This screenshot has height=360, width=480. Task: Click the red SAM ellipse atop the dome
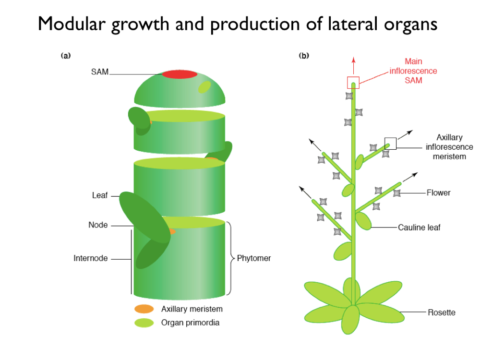pyautogui.click(x=180, y=74)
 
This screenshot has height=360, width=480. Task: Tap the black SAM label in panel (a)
pyautogui.click(x=99, y=72)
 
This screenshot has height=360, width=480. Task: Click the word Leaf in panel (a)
pyautogui.click(x=100, y=195)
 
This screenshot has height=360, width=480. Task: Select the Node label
pyautogui.click(x=98, y=225)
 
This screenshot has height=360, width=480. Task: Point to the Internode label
pyautogui.click(x=90, y=258)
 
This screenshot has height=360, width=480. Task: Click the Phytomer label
pyautogui.click(x=254, y=258)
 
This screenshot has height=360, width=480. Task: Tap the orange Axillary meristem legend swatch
pyautogui.click(x=144, y=309)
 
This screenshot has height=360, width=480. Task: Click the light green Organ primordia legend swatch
pyautogui.click(x=144, y=323)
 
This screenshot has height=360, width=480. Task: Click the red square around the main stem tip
pyautogui.click(x=353, y=82)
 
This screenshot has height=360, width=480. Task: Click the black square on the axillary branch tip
pyautogui.click(x=390, y=143)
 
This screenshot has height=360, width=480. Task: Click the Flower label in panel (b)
pyautogui.click(x=439, y=193)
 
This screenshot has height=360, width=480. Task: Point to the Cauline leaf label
pyautogui.click(x=419, y=228)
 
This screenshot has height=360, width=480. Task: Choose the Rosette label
pyautogui.click(x=442, y=312)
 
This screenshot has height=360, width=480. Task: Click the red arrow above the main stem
pyautogui.click(x=354, y=64)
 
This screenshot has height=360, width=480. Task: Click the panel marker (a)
pyautogui.click(x=66, y=56)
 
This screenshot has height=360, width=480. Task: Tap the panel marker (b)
pyautogui.click(x=304, y=56)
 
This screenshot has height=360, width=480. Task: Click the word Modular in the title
pyautogui.click(x=72, y=24)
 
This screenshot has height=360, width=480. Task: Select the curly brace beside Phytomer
pyautogui.click(x=230, y=258)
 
